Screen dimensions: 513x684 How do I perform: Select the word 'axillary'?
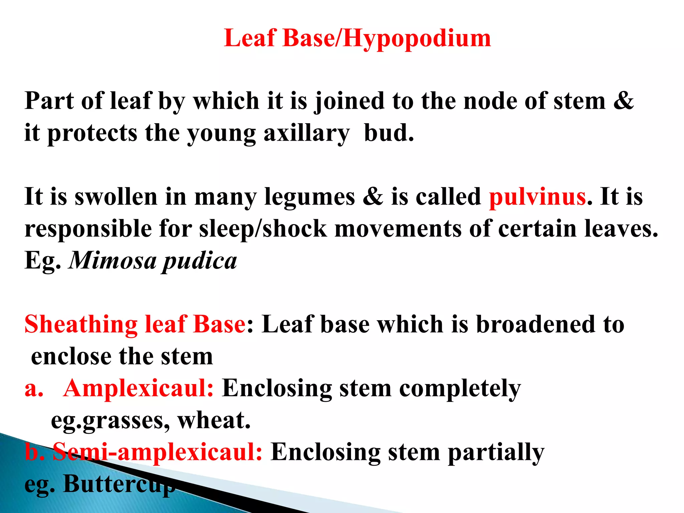[306, 133]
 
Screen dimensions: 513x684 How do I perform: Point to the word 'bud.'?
[389, 133]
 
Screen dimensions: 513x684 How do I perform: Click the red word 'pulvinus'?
[537, 197]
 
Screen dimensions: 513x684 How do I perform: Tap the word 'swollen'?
[116, 197]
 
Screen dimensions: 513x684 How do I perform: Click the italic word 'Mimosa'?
[113, 261]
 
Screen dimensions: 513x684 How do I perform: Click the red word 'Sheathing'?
[81, 325]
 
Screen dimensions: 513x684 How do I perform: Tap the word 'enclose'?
[71, 356]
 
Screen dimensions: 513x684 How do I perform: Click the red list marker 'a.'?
[34, 388]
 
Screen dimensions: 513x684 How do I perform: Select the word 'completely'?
[460, 388]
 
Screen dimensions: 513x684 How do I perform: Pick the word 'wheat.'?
[214, 420]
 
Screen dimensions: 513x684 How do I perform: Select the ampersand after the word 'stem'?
[623, 101]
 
